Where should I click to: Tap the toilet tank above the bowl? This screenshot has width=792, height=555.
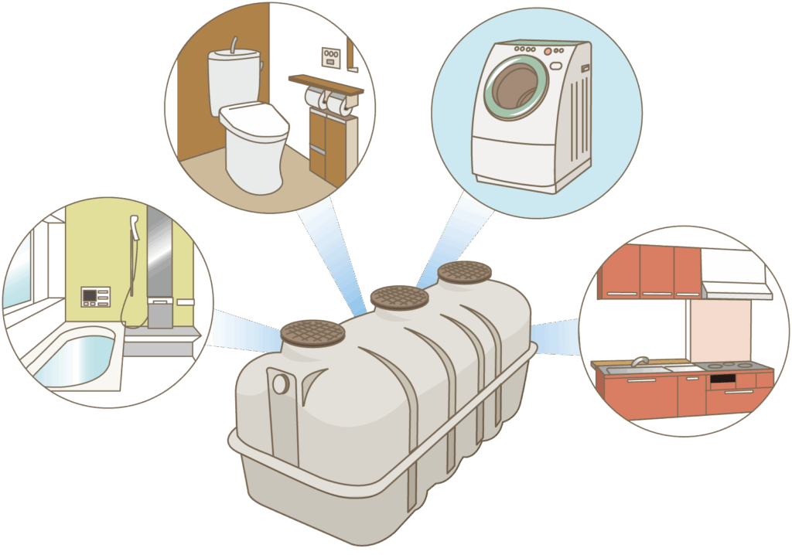coord(233,74)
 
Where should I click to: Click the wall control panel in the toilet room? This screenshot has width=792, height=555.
coord(331,57)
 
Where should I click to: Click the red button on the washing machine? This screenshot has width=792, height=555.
coord(547,52)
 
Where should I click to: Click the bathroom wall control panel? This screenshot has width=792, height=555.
coord(95,296)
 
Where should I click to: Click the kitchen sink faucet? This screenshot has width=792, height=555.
coord(639,361)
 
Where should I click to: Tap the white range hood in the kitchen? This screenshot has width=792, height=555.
coord(735,275)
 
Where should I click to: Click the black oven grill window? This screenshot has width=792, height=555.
coord(722,380)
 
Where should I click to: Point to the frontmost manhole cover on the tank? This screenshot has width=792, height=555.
coord(312,332)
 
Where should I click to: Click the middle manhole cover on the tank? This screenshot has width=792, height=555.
coord(399,297)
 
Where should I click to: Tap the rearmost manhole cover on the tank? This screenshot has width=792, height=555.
coord(464,271)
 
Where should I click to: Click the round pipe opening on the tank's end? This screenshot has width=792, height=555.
coord(280,383)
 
